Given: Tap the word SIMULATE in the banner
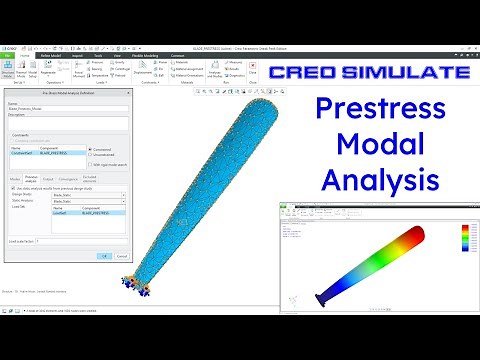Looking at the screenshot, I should click(407, 73).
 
